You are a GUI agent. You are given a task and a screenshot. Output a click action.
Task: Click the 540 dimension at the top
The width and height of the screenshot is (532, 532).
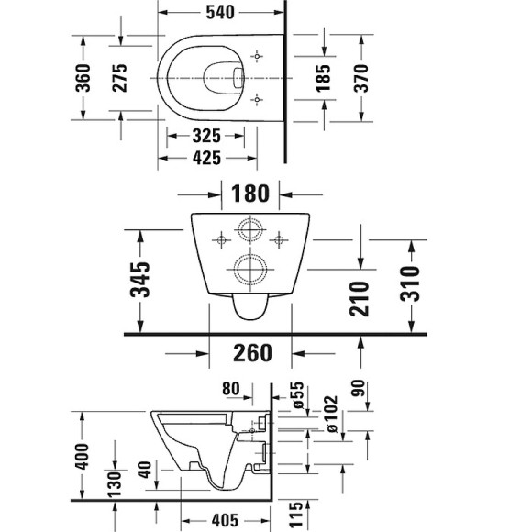[x=221, y=13]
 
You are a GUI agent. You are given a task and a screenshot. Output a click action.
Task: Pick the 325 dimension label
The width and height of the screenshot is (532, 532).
[x=206, y=136]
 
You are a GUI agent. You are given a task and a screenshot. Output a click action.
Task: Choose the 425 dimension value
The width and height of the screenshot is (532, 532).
[x=206, y=158]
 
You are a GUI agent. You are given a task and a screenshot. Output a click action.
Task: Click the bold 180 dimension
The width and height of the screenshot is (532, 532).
[x=250, y=194]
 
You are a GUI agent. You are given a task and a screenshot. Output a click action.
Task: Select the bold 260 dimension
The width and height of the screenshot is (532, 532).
[x=250, y=352]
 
